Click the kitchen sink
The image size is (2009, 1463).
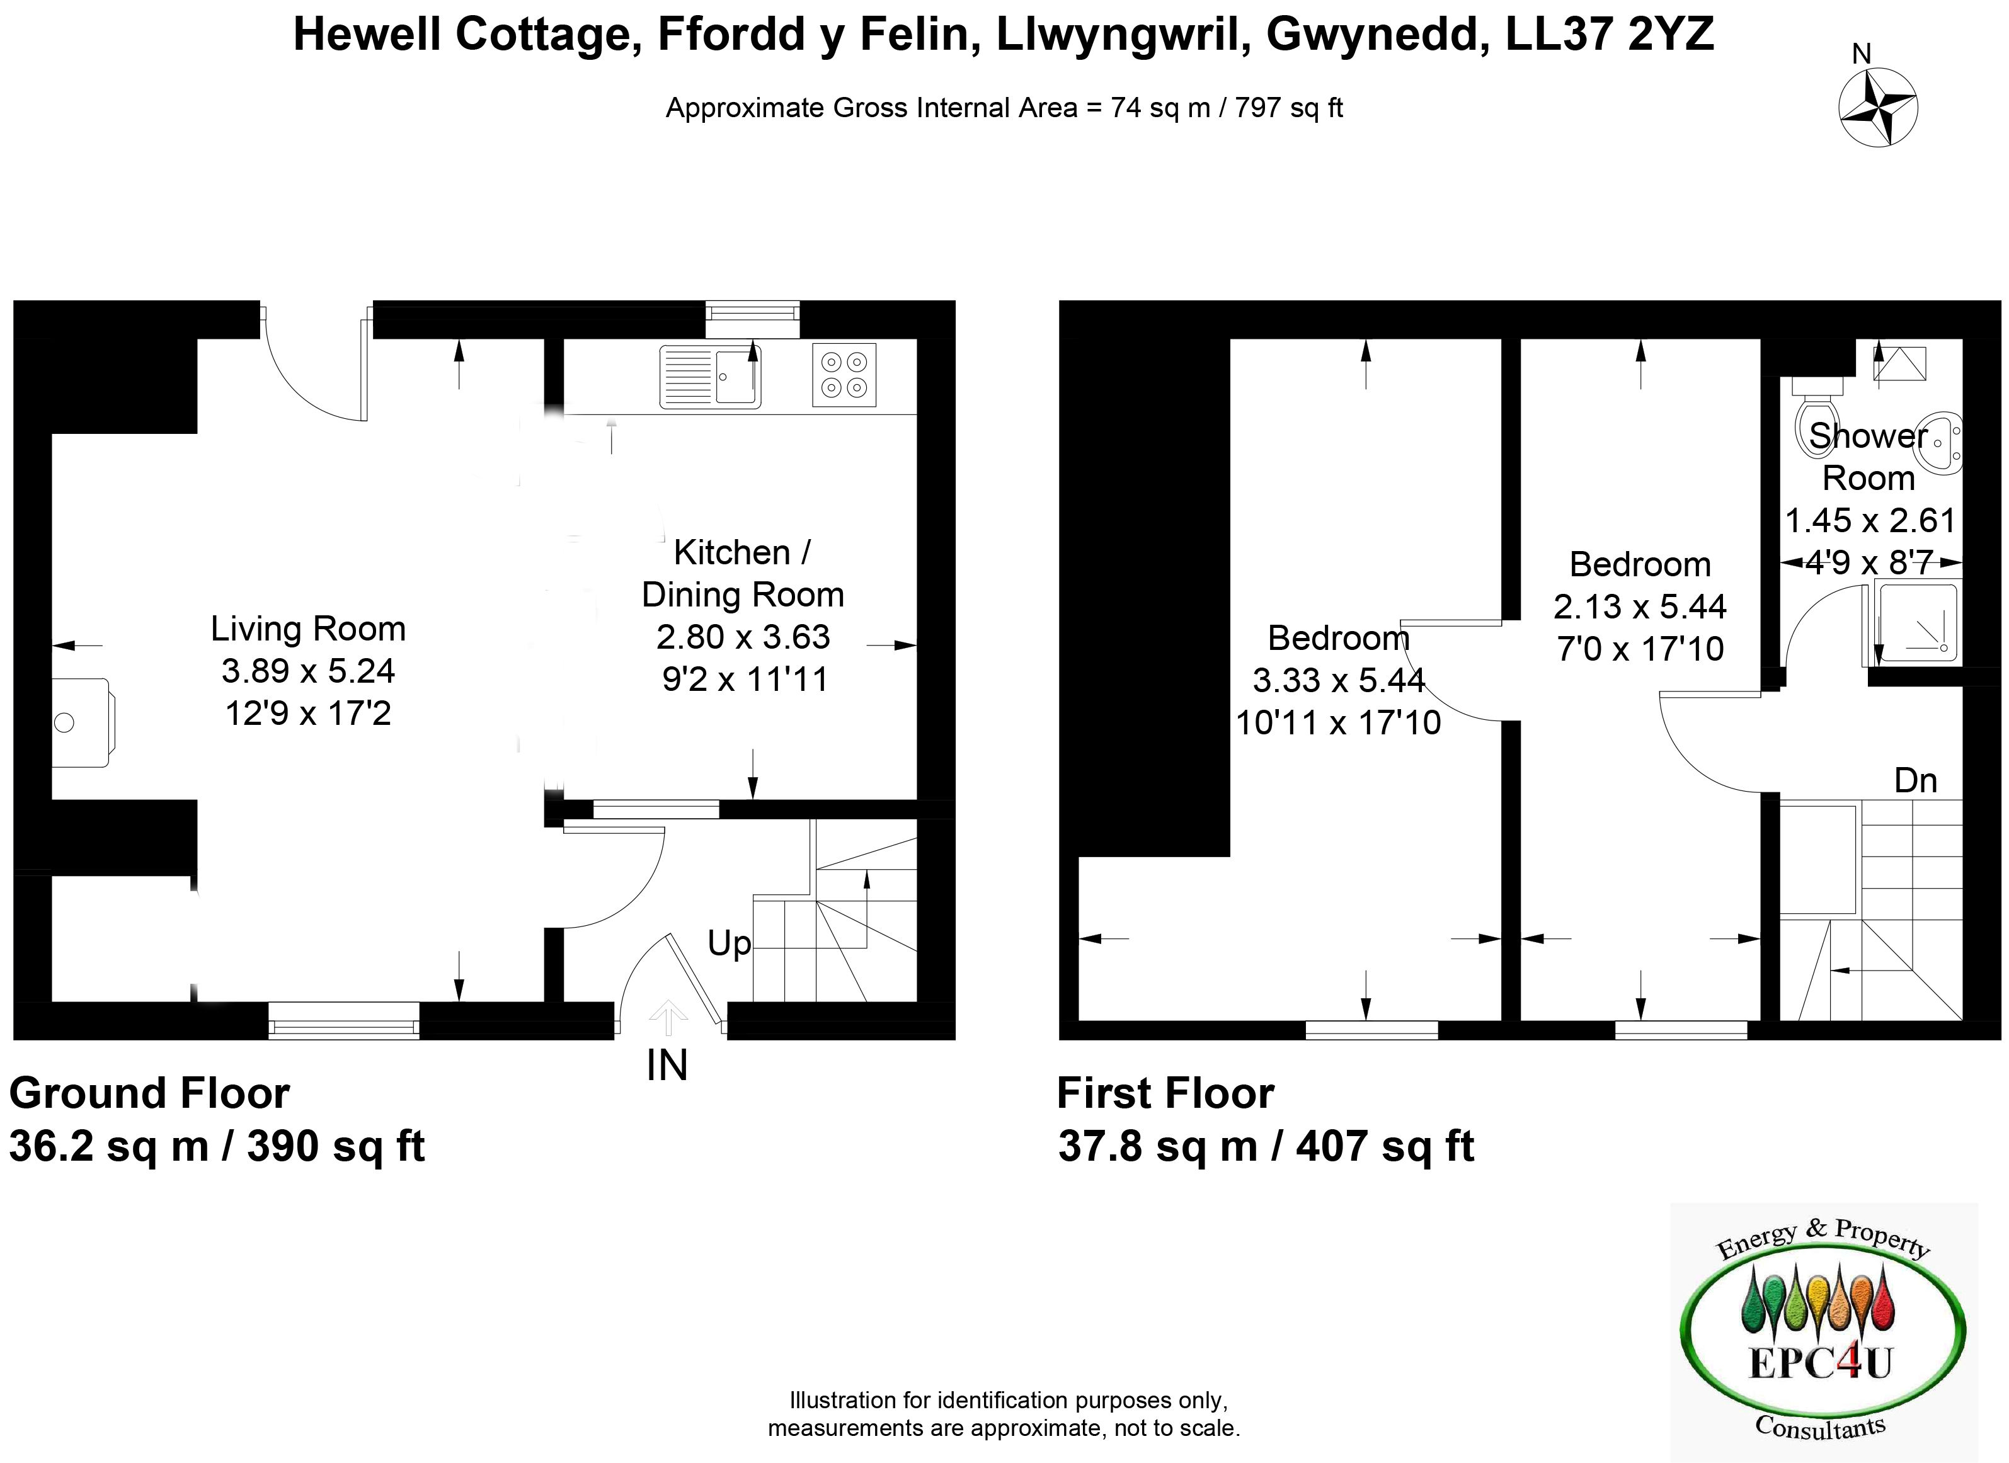pyautogui.click(x=709, y=377)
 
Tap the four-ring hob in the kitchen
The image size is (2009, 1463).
pyautogui.click(x=844, y=375)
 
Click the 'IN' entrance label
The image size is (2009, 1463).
pyautogui.click(x=667, y=1066)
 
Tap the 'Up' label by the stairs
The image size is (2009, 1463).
pyautogui.click(x=729, y=944)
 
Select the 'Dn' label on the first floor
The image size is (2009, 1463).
pyautogui.click(x=1915, y=780)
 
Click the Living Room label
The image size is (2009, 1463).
pyautogui.click(x=308, y=629)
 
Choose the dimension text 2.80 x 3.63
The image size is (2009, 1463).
pyautogui.click(x=743, y=637)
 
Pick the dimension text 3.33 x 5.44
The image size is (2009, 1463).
pyautogui.click(x=1339, y=680)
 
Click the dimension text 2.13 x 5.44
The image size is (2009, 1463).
pyautogui.click(x=1640, y=606)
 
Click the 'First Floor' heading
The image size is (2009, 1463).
pyautogui.click(x=1165, y=1094)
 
